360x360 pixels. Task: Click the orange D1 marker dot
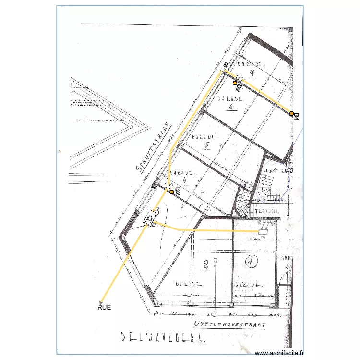click(x=291, y=114)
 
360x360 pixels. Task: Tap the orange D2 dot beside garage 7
click(x=235, y=83)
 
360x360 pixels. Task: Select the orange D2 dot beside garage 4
click(x=172, y=192)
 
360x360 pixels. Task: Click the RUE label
click(x=104, y=308)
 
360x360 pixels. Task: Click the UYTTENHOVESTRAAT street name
click(x=230, y=325)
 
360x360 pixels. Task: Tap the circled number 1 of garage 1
click(x=250, y=261)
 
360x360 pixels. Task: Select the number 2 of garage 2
click(x=205, y=264)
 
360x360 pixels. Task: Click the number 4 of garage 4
click(x=184, y=180)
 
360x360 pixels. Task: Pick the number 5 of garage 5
click(x=207, y=145)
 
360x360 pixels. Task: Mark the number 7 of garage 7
click(x=252, y=73)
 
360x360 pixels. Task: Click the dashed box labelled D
click(x=151, y=218)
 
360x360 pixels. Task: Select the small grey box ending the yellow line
click(x=263, y=231)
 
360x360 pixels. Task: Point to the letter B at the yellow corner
click(x=225, y=65)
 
